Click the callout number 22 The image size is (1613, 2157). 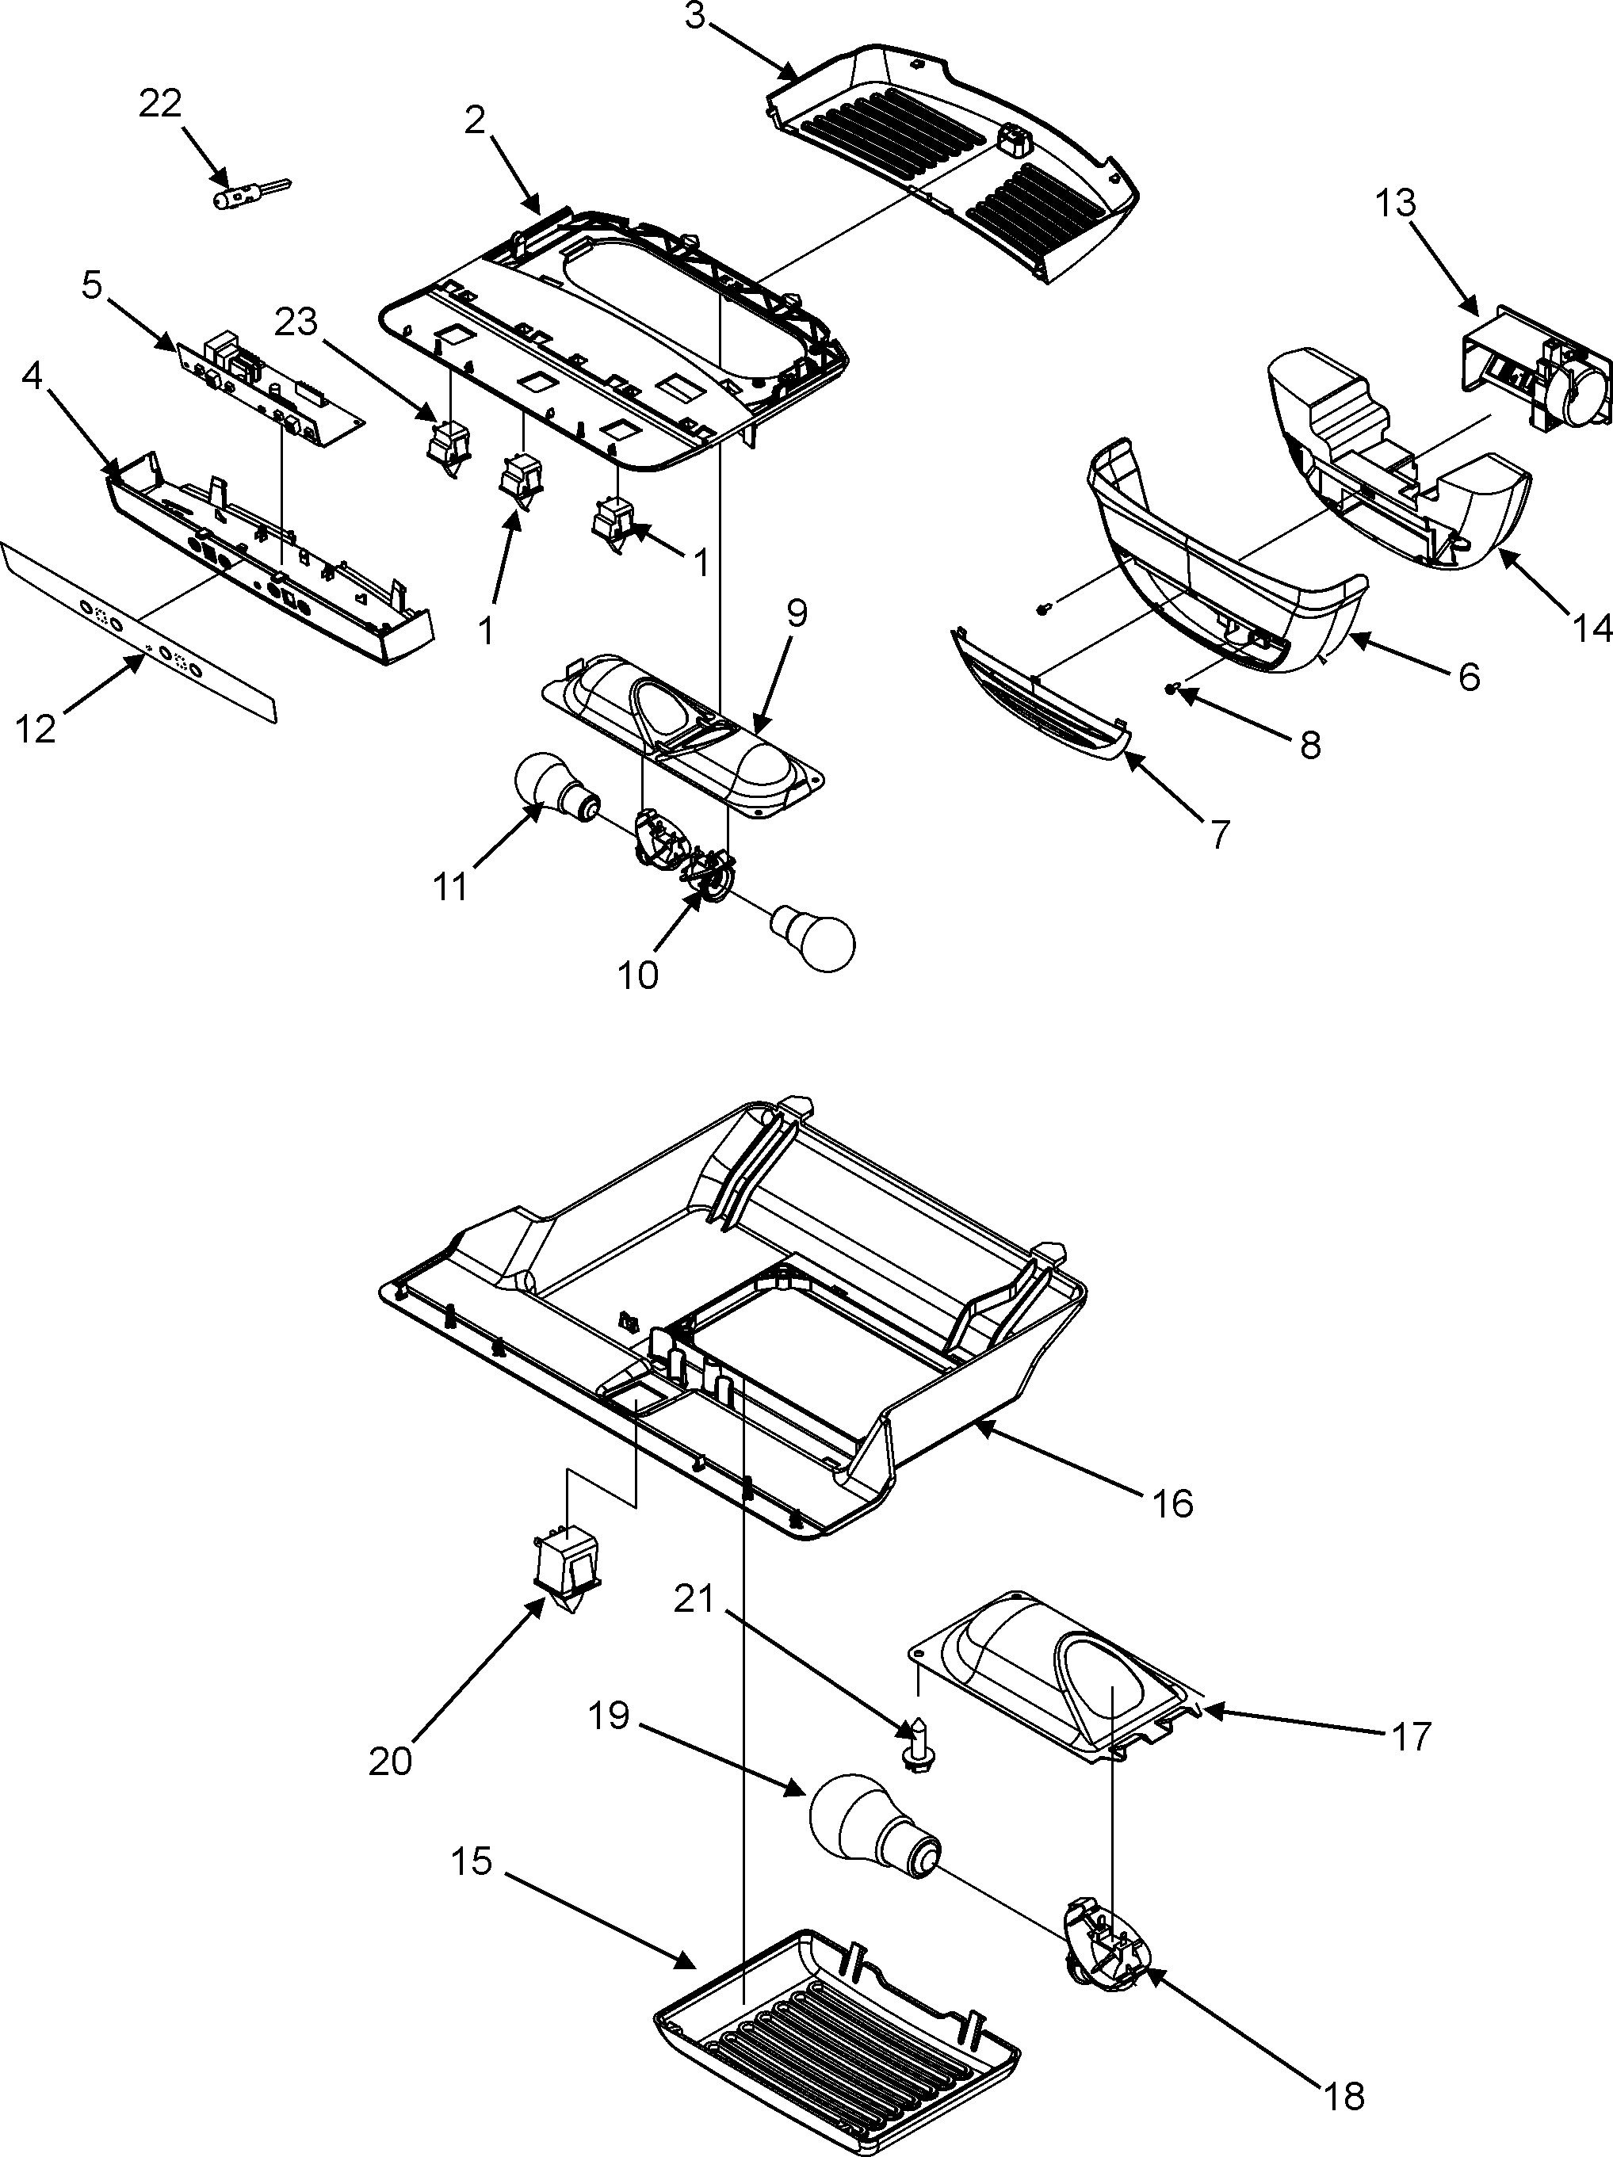click(160, 105)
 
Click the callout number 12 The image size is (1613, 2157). click(36, 727)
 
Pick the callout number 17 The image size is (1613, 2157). click(1410, 1735)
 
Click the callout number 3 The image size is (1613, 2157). click(694, 17)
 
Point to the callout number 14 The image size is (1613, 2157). click(1592, 629)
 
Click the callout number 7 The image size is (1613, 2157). click(1219, 834)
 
